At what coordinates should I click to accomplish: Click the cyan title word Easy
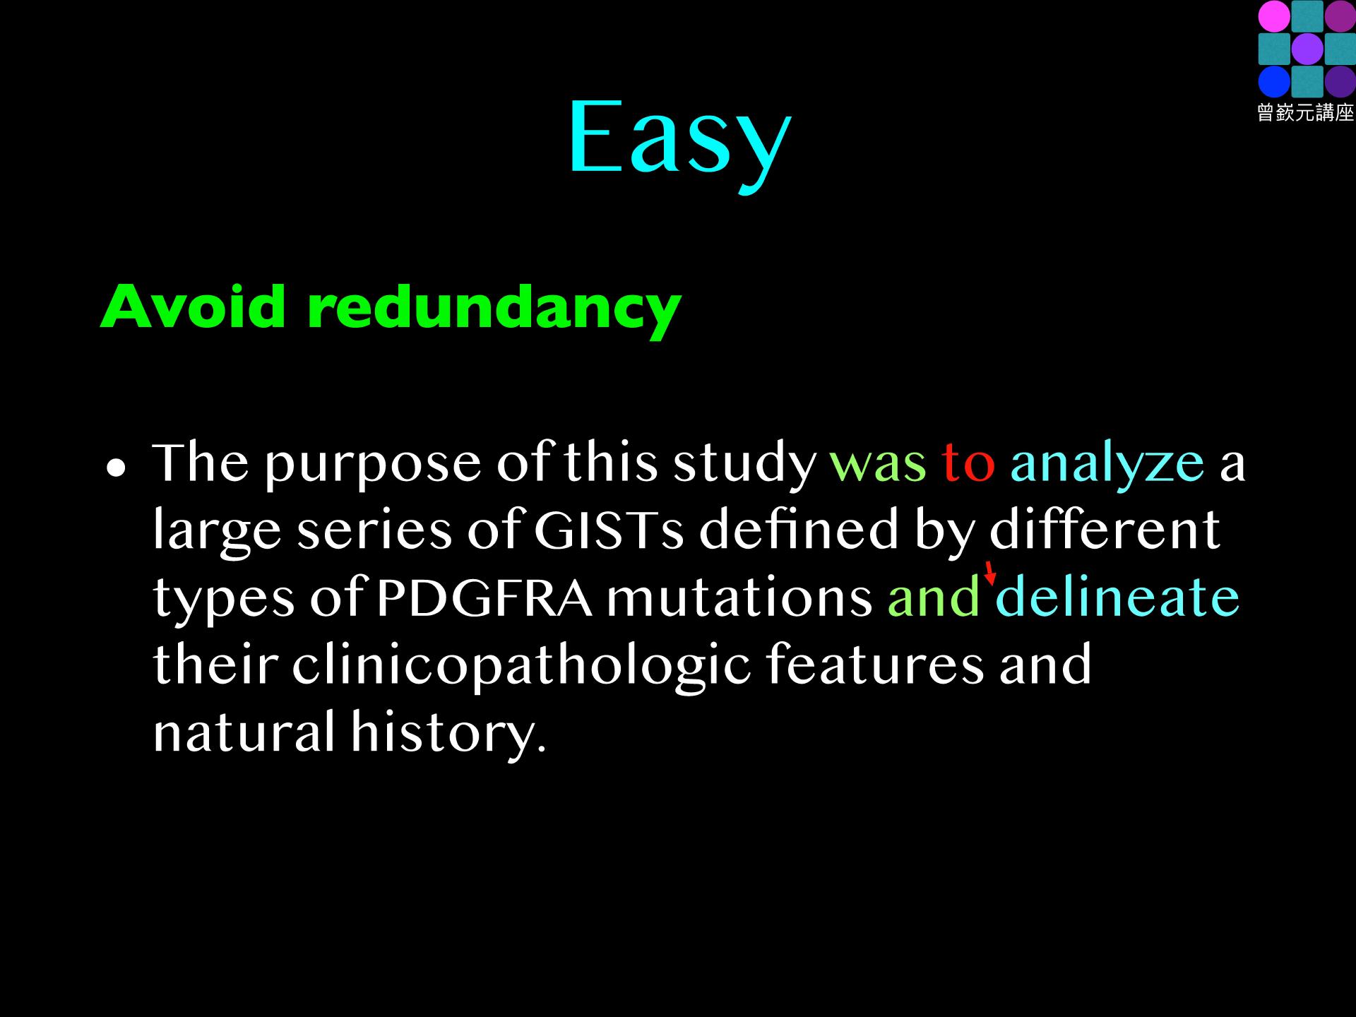point(679,141)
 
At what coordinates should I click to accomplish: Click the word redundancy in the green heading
point(494,311)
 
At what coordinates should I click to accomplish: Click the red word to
point(968,463)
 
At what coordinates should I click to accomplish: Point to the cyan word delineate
point(1117,595)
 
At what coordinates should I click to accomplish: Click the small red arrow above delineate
point(991,573)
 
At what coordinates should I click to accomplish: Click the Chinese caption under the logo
point(1305,112)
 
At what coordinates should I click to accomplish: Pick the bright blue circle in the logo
point(1273,81)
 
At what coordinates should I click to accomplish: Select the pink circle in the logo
point(1273,16)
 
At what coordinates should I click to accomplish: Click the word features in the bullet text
point(874,665)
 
